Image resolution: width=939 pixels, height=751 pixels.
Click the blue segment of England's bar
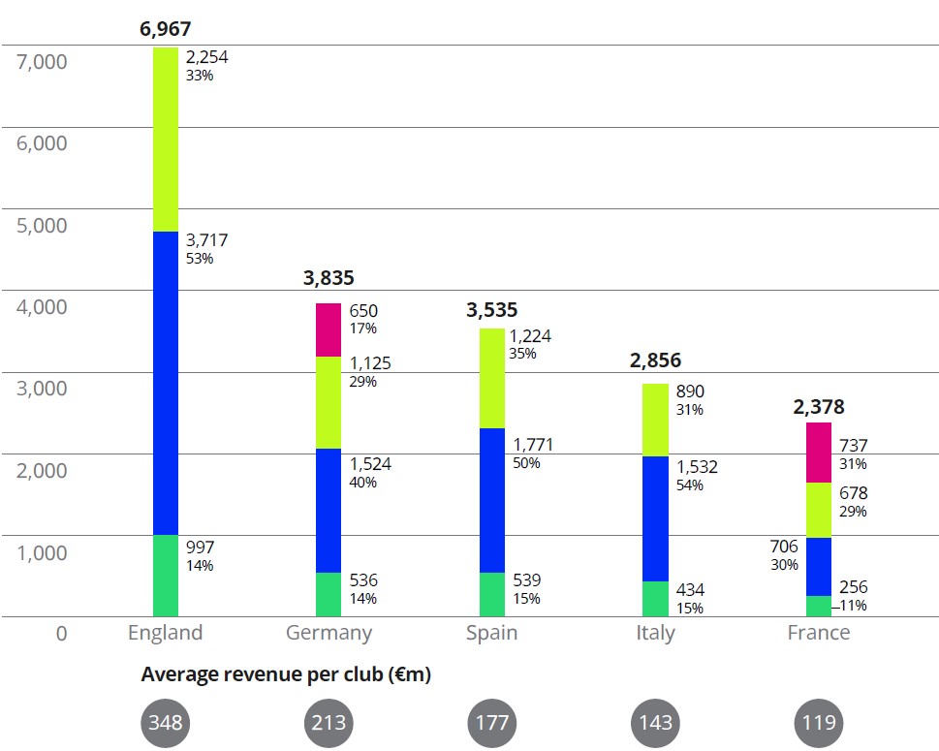point(166,383)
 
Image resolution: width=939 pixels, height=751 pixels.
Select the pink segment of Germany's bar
point(329,329)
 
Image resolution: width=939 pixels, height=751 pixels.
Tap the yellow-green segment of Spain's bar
point(492,378)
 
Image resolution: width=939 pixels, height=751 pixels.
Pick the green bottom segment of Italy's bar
point(655,599)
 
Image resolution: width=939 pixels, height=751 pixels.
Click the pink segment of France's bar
point(819,453)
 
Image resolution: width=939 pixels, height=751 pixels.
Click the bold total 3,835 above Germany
point(329,279)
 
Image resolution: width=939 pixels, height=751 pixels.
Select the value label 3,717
point(206,239)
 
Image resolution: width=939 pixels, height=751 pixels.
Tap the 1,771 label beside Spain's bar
point(533,445)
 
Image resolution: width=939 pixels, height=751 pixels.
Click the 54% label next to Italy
point(691,485)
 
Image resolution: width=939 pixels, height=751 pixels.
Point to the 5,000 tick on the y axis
point(42,225)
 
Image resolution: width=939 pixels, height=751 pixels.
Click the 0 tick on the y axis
point(61,634)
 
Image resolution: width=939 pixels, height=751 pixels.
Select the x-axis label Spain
point(491,633)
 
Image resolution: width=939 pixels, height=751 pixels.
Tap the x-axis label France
point(818,633)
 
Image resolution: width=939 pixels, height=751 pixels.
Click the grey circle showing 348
point(166,723)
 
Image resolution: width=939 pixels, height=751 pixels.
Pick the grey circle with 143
point(655,723)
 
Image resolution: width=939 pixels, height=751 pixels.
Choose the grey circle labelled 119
point(819,723)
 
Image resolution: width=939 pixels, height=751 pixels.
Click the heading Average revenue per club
point(286,675)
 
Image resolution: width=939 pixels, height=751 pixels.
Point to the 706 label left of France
point(784,548)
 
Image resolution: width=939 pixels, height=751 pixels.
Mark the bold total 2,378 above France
point(818,407)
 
